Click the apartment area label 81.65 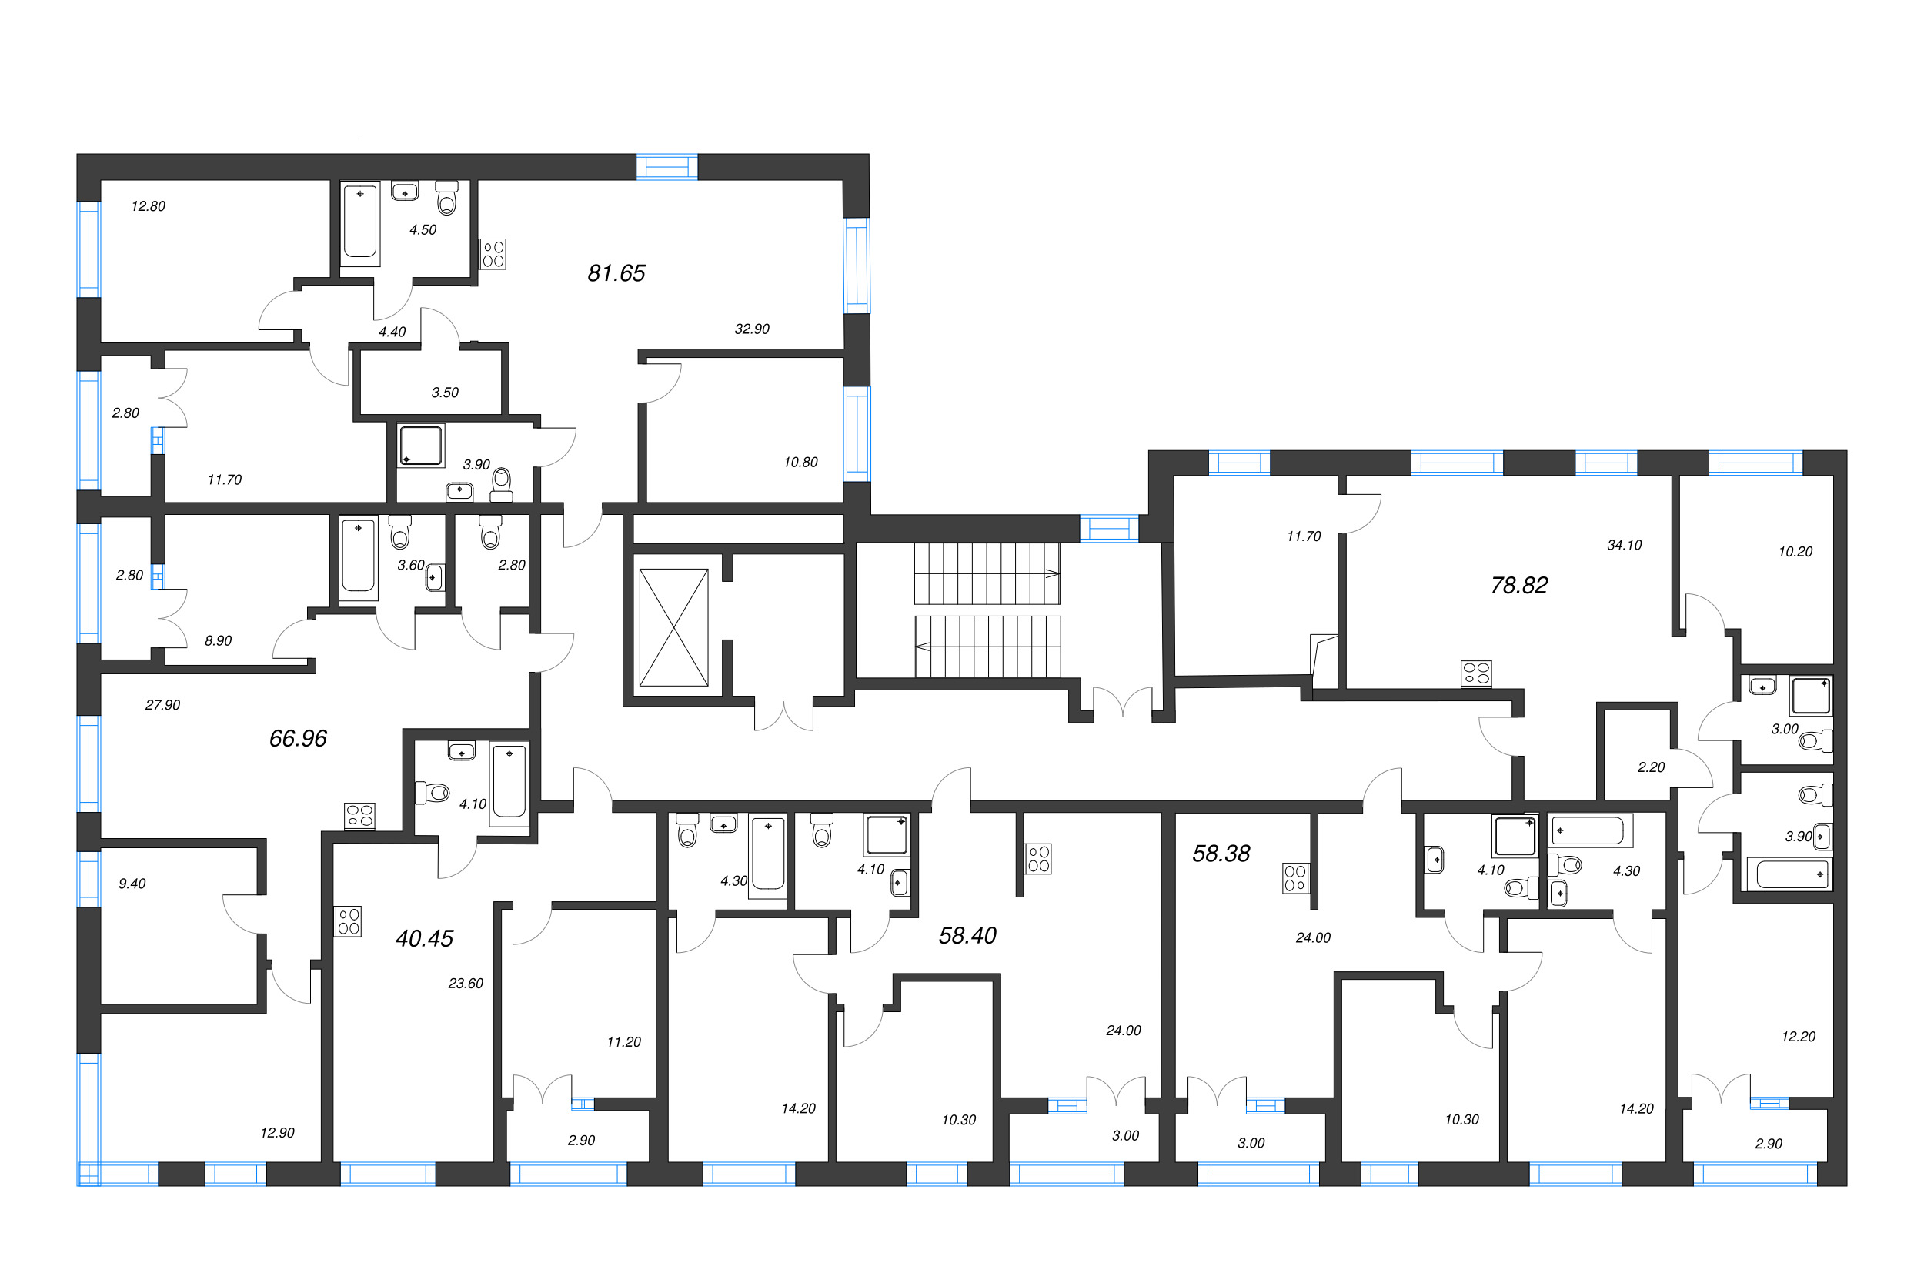(x=616, y=273)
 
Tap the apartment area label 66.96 (x=298, y=738)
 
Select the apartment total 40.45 (x=424, y=938)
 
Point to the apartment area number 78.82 (x=1519, y=586)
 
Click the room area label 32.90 (x=752, y=329)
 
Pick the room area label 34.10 (x=1624, y=545)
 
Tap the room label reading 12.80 (x=148, y=206)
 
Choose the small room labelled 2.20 (x=1651, y=767)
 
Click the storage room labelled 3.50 (x=445, y=393)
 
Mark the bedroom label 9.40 (x=132, y=884)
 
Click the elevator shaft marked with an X (x=673, y=627)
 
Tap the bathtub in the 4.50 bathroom (x=359, y=222)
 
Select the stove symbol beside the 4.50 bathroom (x=493, y=254)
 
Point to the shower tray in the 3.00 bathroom (x=1811, y=695)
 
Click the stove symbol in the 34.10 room (x=1476, y=673)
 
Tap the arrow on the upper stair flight (x=1052, y=573)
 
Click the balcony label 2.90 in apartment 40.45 (x=580, y=1141)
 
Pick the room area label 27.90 (x=162, y=705)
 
